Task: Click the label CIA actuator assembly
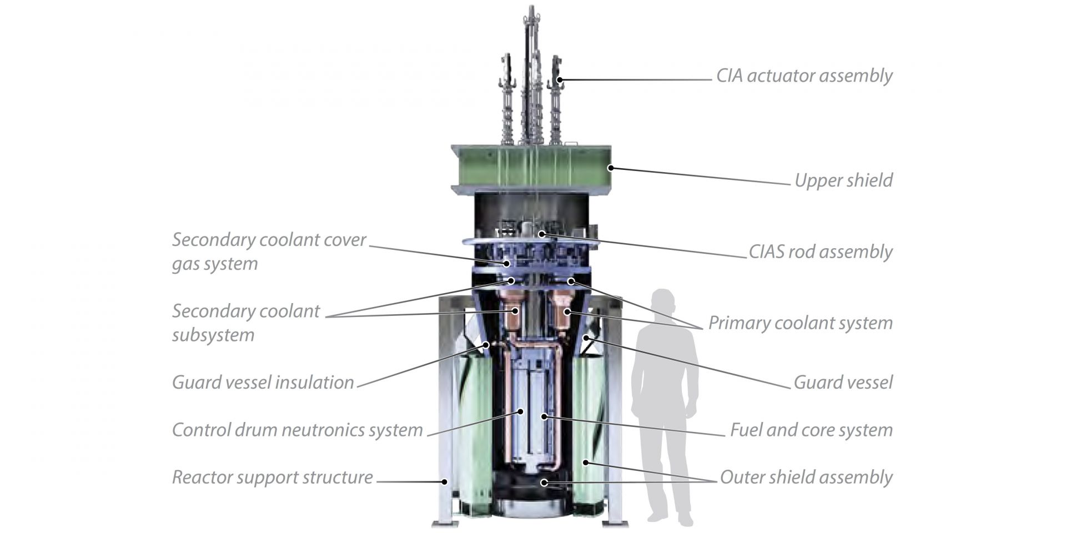803,76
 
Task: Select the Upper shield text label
843,180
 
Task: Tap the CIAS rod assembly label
820,252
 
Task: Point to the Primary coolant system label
800,323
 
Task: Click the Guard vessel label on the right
843,383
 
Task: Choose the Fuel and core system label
811,430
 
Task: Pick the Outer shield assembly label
806,477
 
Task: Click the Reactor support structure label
272,477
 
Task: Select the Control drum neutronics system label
297,430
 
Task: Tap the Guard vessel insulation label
263,383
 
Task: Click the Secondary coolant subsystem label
245,323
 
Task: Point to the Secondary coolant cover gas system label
269,252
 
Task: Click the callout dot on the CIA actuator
560,80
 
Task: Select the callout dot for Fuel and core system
545,416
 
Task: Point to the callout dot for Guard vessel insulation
487,344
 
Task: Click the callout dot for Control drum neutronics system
521,411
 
